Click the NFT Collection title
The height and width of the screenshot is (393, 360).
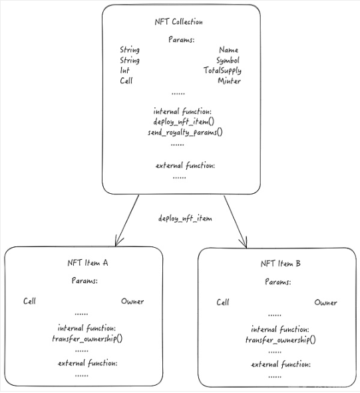tap(179, 22)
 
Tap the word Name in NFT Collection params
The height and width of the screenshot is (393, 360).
tap(228, 50)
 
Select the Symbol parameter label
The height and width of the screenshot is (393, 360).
tap(228, 61)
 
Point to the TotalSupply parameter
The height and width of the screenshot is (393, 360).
tap(222, 71)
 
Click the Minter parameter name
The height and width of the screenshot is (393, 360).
tap(229, 81)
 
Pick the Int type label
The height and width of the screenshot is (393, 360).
tap(124, 71)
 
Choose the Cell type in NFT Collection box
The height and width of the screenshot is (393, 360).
tap(126, 81)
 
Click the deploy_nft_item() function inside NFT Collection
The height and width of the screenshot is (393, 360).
tap(184, 122)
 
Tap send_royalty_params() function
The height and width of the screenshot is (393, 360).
tap(185, 132)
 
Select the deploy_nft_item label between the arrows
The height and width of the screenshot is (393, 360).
tap(185, 218)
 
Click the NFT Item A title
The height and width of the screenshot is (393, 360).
tap(88, 263)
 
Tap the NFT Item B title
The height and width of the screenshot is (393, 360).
tap(280, 264)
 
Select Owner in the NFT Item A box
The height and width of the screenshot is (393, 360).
tap(132, 301)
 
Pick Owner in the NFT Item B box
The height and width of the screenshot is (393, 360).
tap(325, 303)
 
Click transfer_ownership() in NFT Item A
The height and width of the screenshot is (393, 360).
tap(87, 339)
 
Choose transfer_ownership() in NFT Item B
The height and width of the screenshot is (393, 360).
tap(281, 340)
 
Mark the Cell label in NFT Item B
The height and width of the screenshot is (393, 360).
tap(222, 302)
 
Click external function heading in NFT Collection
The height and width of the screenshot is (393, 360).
tap(185, 166)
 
